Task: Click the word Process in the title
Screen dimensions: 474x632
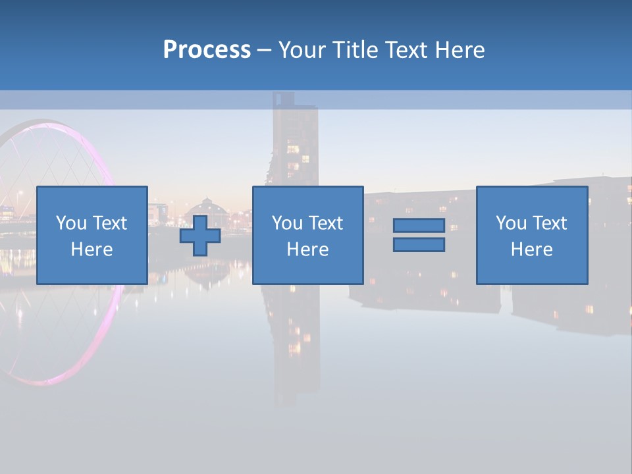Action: click(x=207, y=50)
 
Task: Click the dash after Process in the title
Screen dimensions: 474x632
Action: click(x=264, y=51)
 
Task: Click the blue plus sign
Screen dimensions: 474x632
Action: click(x=200, y=236)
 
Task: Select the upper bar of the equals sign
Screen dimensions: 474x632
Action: click(x=419, y=225)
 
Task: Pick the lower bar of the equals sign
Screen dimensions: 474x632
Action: click(x=419, y=245)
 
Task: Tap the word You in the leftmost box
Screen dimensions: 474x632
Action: click(x=71, y=223)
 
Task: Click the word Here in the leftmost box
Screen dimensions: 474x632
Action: click(x=92, y=250)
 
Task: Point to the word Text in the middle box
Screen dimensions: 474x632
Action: click(x=326, y=223)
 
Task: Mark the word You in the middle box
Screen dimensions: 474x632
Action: click(x=287, y=223)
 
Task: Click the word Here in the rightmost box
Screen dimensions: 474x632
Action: click(x=531, y=250)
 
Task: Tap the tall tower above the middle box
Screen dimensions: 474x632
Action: click(x=296, y=145)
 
